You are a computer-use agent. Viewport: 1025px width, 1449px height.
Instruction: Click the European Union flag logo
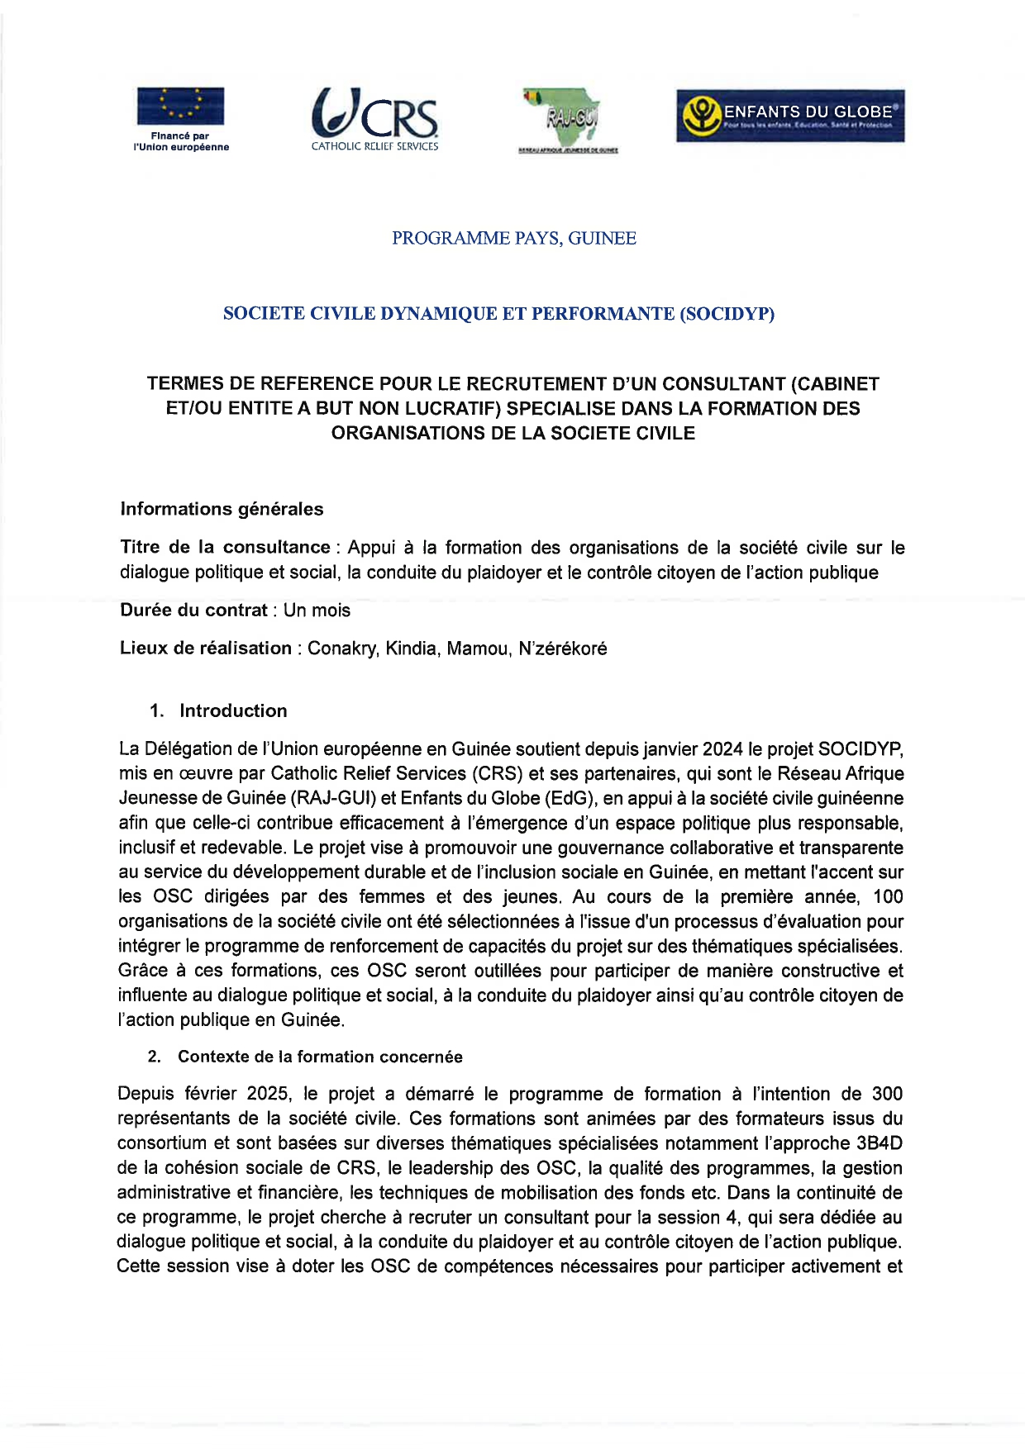[180, 106]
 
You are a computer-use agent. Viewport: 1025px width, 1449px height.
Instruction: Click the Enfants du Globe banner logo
[790, 116]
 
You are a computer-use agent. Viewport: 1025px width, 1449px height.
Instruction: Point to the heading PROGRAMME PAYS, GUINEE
[513, 239]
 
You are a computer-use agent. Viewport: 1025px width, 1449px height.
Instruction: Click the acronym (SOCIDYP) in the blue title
[727, 314]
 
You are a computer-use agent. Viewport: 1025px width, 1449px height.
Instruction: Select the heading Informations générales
[222, 509]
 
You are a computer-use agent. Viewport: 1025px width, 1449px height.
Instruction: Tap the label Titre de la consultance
[225, 548]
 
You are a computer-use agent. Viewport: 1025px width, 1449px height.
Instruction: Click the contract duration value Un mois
[317, 610]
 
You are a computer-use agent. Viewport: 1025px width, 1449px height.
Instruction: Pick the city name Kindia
[411, 648]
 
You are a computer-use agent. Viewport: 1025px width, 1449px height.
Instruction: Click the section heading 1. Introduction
[219, 710]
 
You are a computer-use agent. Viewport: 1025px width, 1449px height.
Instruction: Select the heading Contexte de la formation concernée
[320, 1057]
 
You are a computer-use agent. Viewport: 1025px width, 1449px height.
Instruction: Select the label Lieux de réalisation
[205, 648]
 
